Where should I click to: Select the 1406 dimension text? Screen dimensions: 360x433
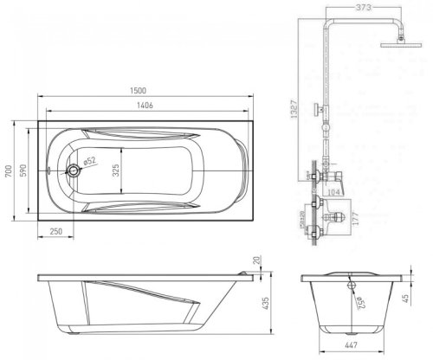[145, 106]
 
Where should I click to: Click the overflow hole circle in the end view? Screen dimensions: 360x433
[352, 282]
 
